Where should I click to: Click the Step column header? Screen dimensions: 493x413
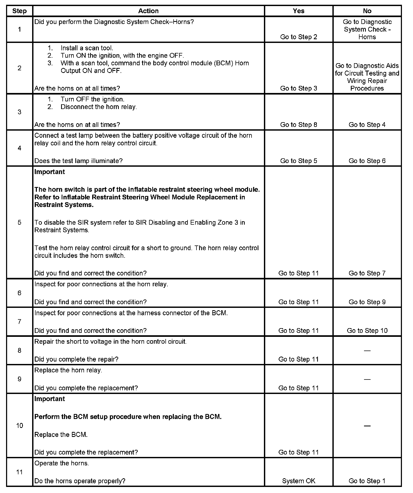point(19,11)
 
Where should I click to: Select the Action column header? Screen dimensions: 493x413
point(148,11)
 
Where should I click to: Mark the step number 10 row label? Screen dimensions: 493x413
point(19,426)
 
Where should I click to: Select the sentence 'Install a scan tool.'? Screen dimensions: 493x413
point(87,48)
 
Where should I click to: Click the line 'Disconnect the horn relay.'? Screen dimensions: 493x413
point(99,107)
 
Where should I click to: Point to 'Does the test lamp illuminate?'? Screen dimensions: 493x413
point(78,161)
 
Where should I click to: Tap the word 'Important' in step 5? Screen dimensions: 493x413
point(50,172)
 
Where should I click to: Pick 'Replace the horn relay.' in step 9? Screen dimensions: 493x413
point(68,370)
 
